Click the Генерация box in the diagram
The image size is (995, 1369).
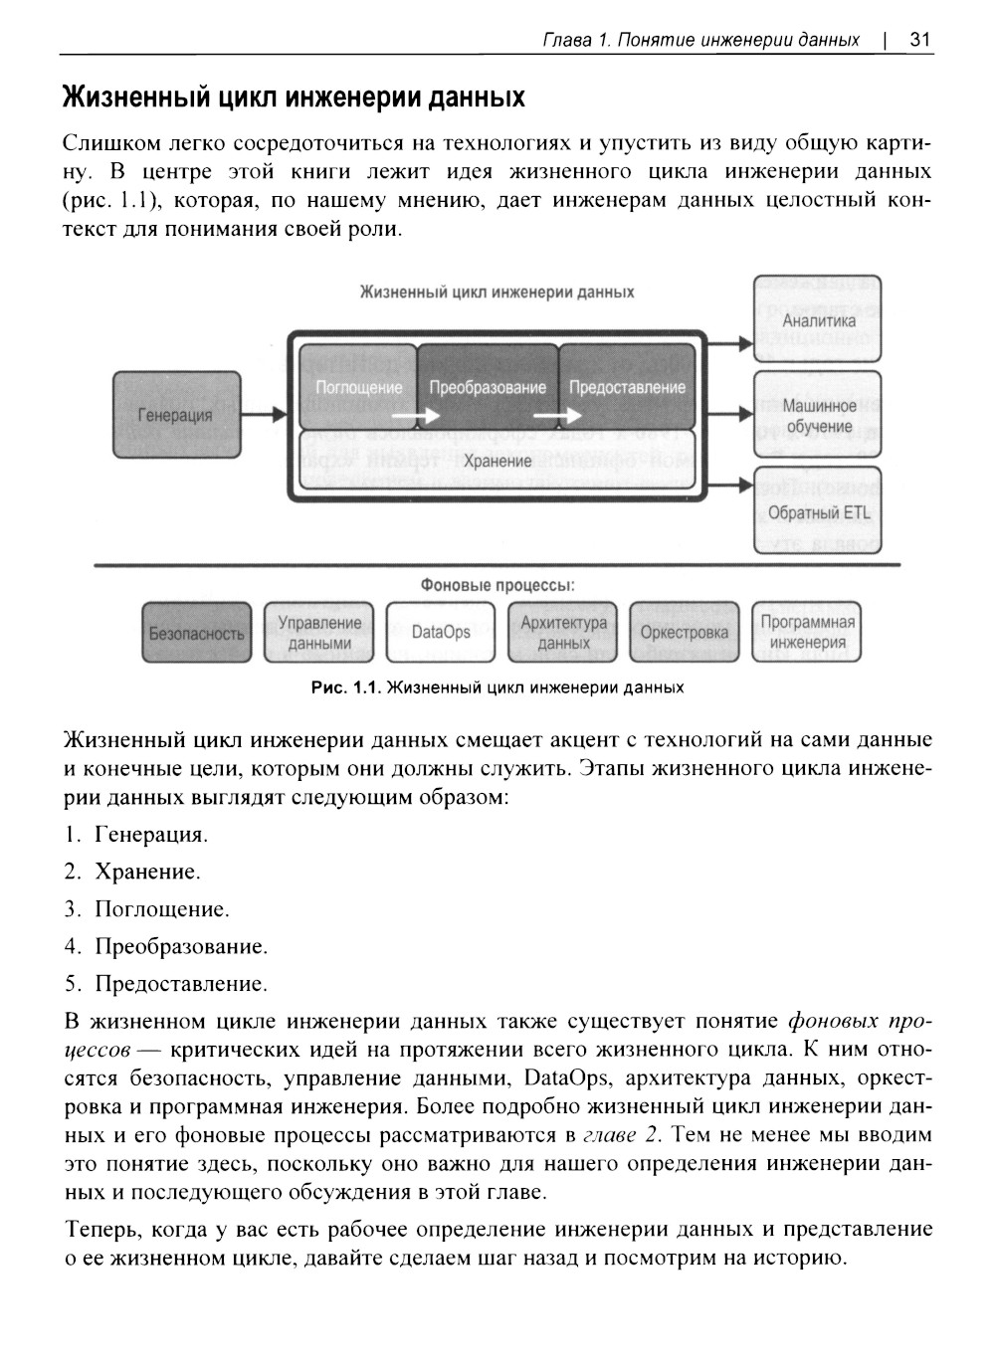click(x=176, y=415)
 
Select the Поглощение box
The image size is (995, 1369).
click(x=358, y=386)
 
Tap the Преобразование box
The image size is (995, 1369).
click(x=488, y=386)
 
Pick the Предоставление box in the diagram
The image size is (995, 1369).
click(x=627, y=386)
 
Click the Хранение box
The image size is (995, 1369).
click(x=497, y=462)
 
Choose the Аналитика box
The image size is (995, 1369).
click(x=818, y=320)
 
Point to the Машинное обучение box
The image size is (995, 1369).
click(x=818, y=416)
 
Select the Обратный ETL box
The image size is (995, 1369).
click(x=818, y=512)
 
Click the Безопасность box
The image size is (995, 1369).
click(x=196, y=633)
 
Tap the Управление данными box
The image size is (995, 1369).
click(x=318, y=633)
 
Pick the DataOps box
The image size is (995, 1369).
click(x=440, y=633)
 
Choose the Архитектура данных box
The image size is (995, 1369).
click(x=562, y=633)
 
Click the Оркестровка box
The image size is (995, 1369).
click(x=684, y=633)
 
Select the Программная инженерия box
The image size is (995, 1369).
click(x=807, y=633)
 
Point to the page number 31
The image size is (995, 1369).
click(x=919, y=40)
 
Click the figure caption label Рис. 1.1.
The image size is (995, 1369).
click(x=345, y=687)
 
